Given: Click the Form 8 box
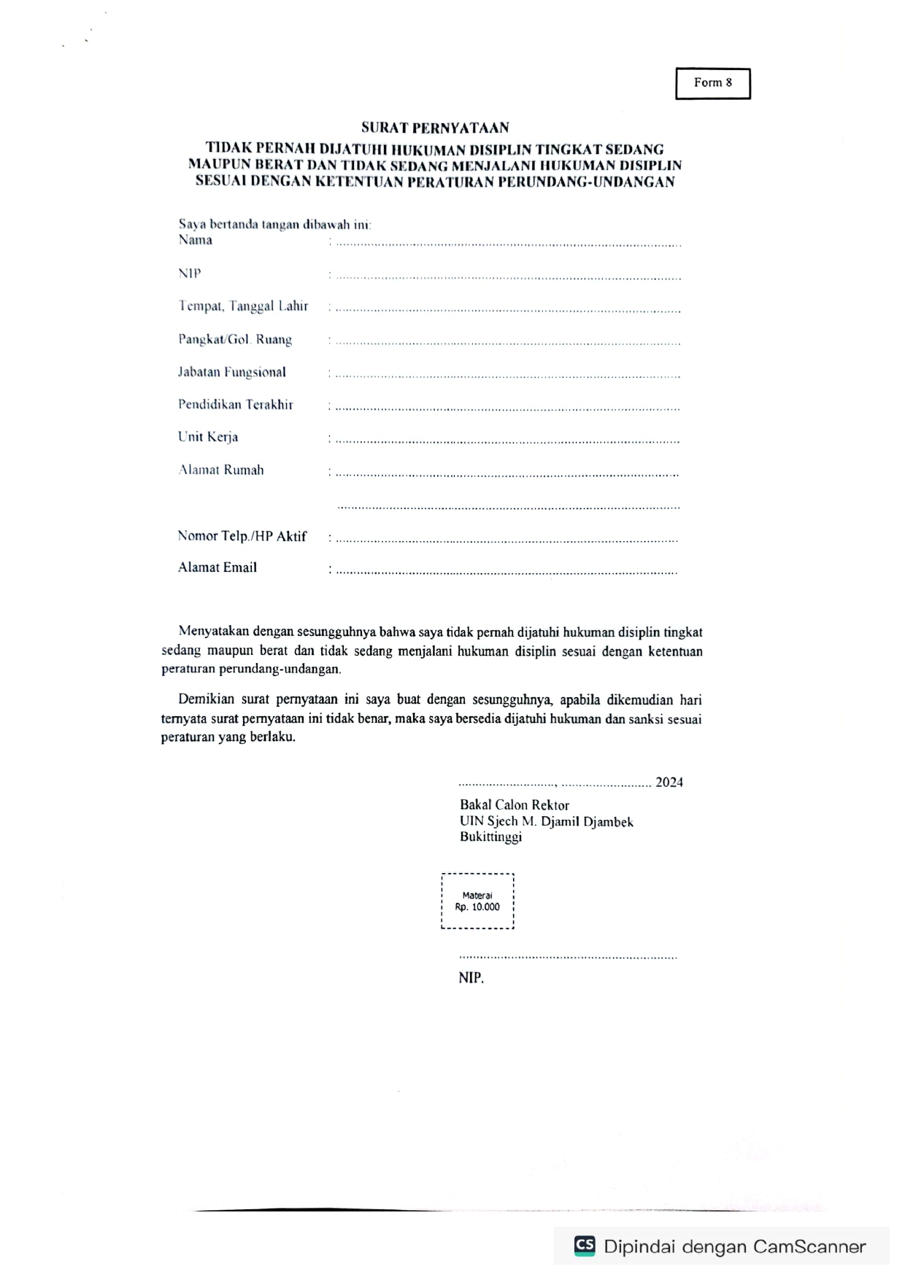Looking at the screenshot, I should [712, 83].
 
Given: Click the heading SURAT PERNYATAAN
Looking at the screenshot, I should [435, 128].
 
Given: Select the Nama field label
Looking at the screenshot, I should [195, 240].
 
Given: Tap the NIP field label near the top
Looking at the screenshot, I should [189, 274].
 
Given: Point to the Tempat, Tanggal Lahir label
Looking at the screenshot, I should [243, 306].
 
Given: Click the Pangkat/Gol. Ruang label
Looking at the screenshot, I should [234, 340].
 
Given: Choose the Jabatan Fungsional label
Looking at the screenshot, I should [231, 372].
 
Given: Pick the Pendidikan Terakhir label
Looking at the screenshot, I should [235, 405].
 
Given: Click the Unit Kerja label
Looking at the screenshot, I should [207, 437].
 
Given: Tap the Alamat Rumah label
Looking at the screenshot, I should [220, 470].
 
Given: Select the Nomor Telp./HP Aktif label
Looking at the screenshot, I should [242, 536].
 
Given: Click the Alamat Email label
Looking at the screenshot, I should [217, 567].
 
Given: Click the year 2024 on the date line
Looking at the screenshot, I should [669, 783].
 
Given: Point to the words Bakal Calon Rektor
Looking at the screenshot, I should [514, 805].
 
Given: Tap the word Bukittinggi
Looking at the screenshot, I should [490, 837].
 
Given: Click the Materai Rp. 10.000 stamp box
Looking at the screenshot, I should [477, 901].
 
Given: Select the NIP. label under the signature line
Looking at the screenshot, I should [471, 978].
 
